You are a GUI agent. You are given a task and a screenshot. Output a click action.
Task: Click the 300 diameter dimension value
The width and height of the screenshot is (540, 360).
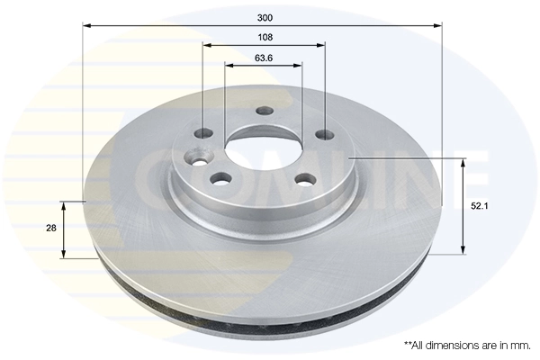(264, 17)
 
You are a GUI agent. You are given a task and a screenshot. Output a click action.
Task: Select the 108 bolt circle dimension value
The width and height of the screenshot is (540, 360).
(264, 37)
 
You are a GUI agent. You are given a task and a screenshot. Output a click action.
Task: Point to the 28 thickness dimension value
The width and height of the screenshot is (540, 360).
(51, 229)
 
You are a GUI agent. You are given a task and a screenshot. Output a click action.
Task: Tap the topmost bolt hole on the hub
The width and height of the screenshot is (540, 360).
(264, 112)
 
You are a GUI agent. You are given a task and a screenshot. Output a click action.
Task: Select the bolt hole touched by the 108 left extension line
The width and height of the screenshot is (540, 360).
(204, 134)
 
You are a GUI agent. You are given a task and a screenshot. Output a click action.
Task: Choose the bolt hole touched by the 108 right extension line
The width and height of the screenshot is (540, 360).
(323, 137)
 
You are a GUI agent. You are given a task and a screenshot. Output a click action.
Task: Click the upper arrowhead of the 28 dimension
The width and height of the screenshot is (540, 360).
(63, 203)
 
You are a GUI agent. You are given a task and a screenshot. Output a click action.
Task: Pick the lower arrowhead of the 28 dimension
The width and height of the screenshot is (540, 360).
(63, 255)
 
